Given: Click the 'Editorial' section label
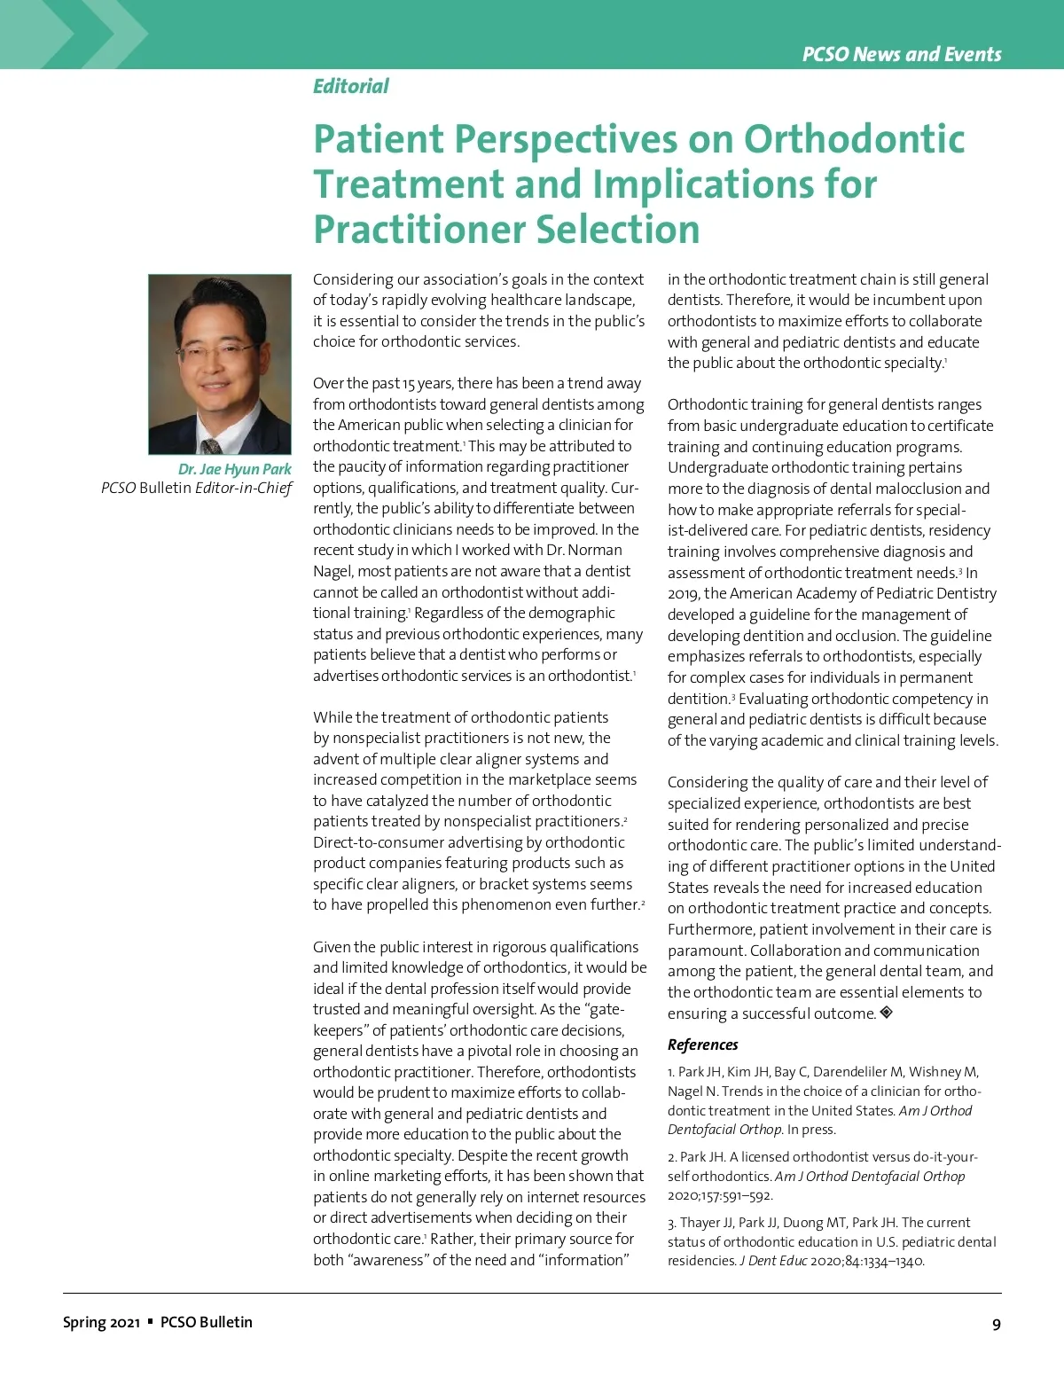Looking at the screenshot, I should pos(350,86).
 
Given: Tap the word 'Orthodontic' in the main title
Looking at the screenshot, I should pos(854,139).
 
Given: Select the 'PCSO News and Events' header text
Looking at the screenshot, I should pos(902,54).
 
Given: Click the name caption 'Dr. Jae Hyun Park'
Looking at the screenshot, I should pos(234,469).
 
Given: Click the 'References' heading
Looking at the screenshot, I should pos(702,1044).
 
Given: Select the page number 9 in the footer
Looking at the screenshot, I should pos(997,1324).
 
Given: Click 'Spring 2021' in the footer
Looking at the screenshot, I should pos(101,1322).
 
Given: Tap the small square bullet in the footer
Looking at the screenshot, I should pos(151,1321).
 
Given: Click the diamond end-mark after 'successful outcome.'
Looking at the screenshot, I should pos(886,1012).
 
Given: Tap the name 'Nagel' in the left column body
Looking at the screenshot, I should pos(333,571).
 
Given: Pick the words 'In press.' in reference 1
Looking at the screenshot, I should pos(811,1130).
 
